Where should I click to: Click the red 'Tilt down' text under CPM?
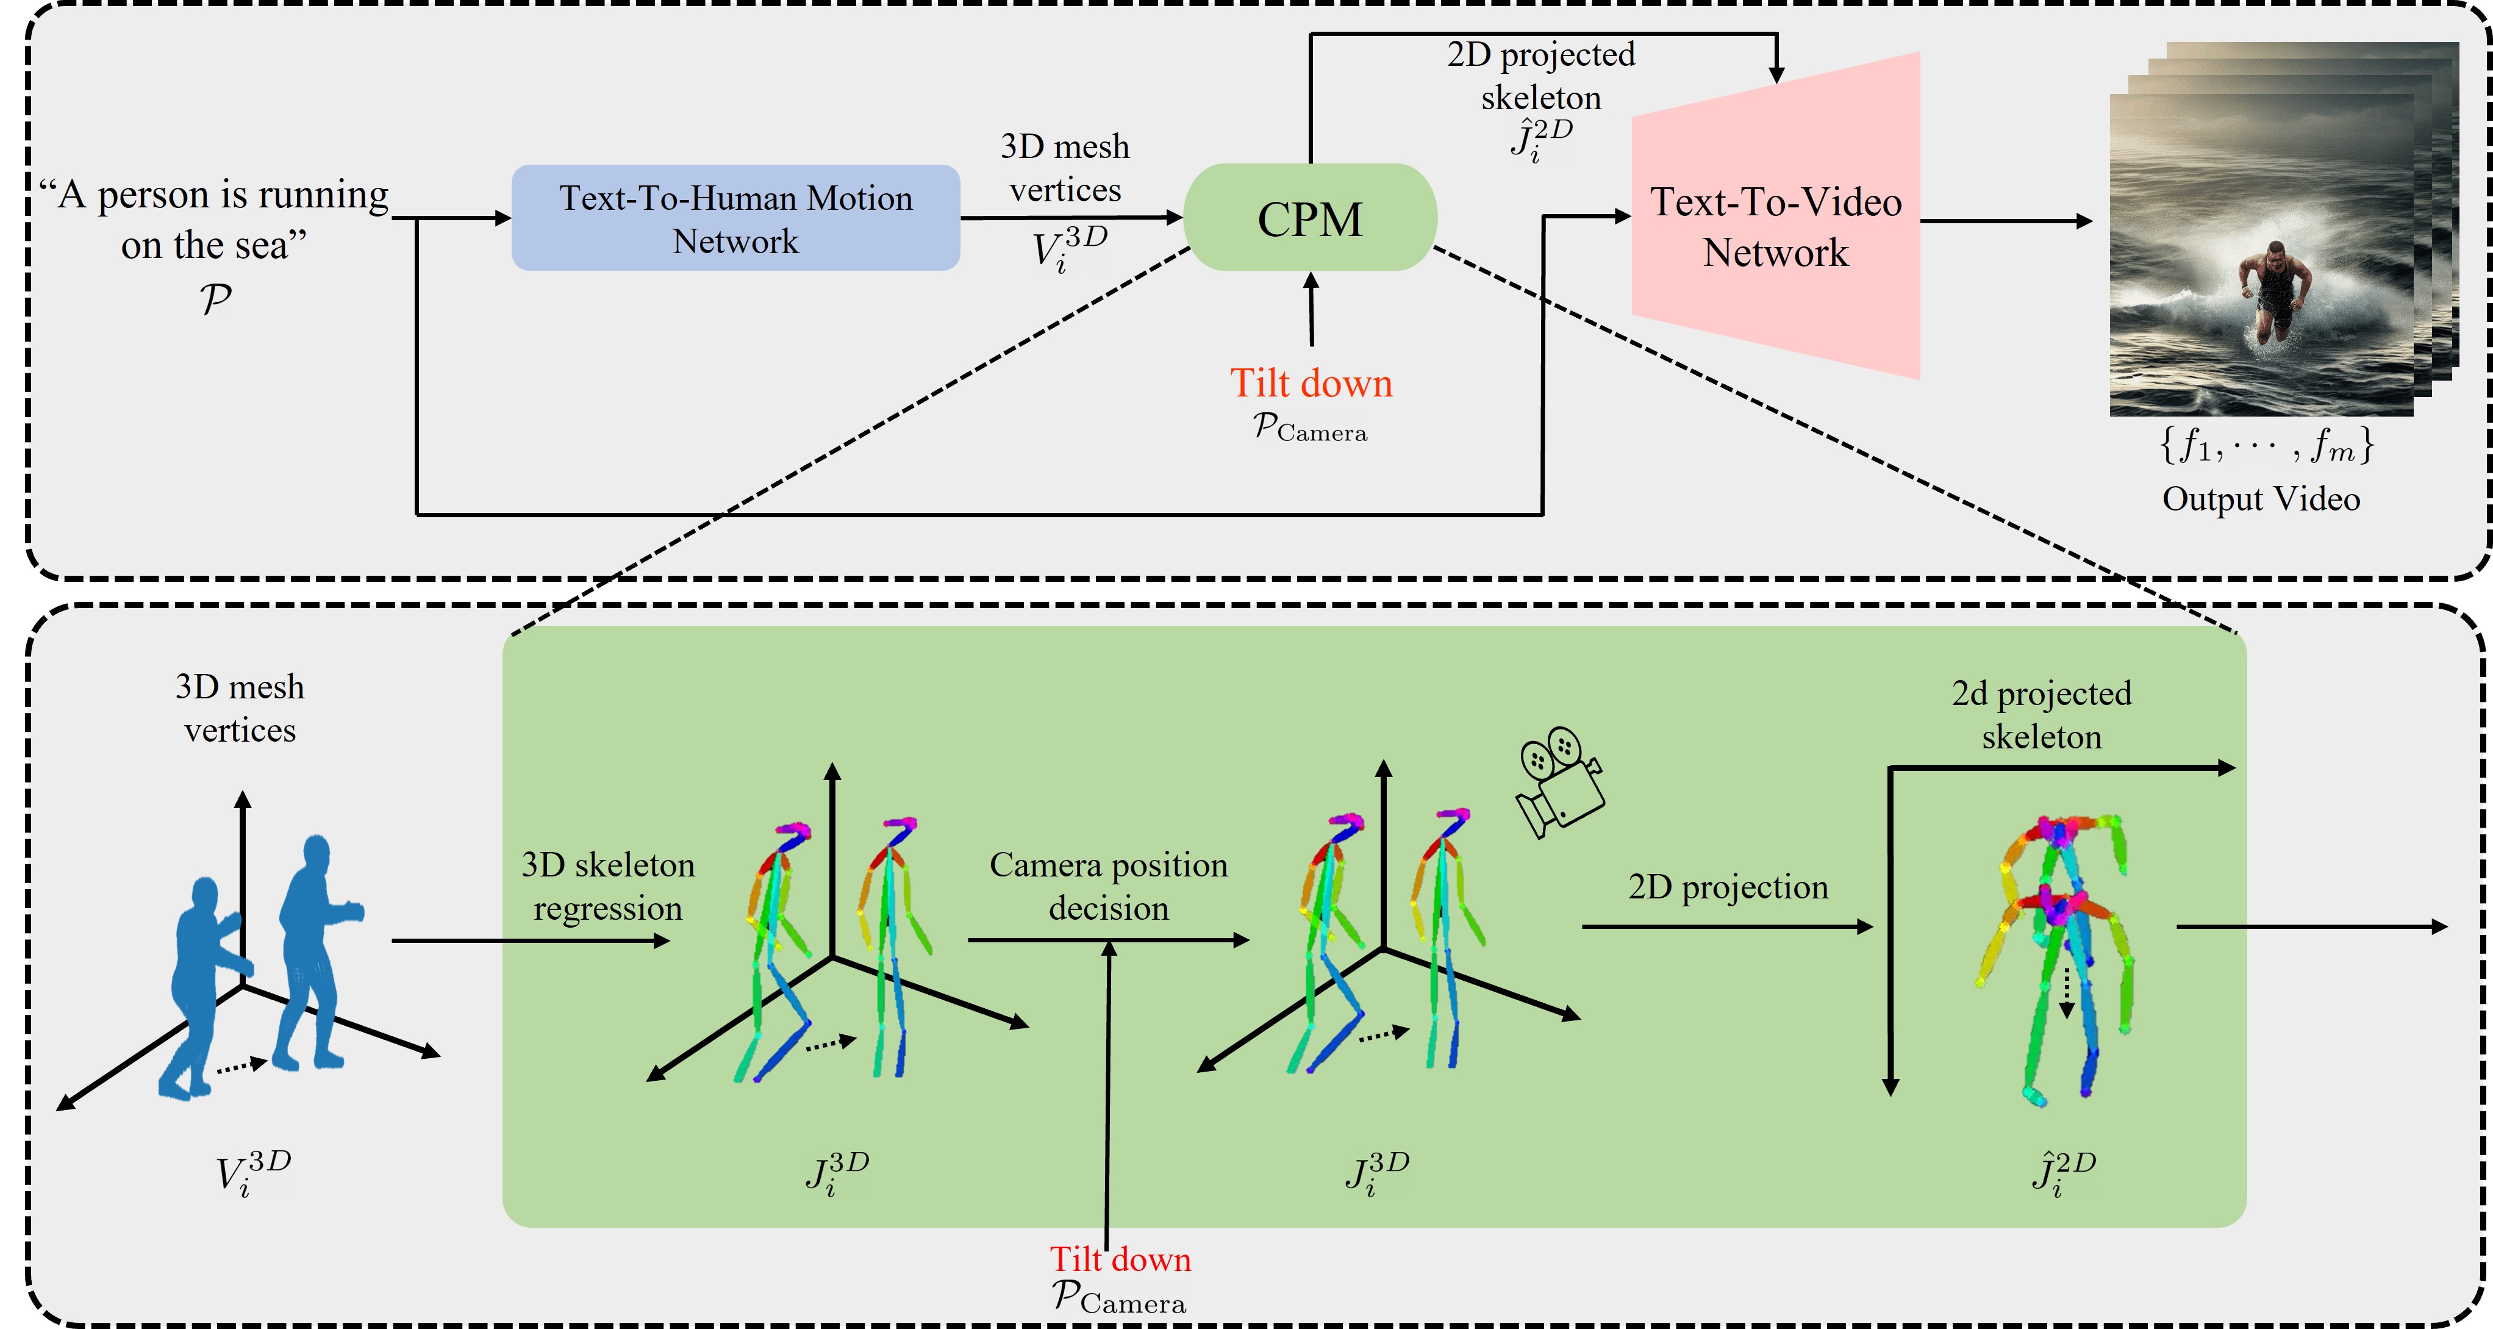point(1311,383)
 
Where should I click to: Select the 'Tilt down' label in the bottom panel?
point(1121,1259)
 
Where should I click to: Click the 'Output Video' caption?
point(2261,498)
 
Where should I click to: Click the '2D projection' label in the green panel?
point(1728,887)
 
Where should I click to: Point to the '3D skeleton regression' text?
point(608,886)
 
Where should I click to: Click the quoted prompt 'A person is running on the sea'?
point(215,220)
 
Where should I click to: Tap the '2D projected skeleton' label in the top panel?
point(1540,76)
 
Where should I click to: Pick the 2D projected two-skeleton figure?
point(2056,958)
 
